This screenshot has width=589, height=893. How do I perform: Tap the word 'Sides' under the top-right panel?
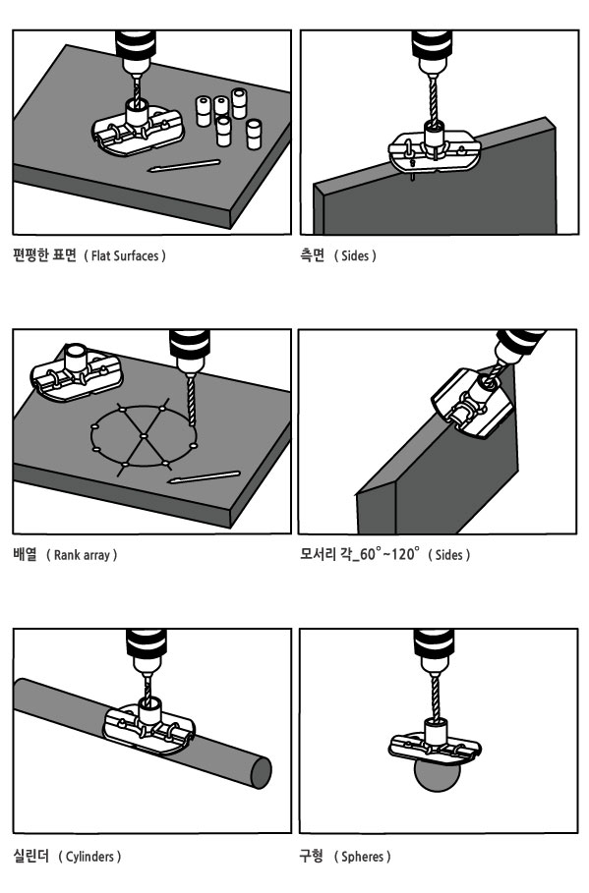(355, 255)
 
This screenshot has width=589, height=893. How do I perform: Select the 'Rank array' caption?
(82, 555)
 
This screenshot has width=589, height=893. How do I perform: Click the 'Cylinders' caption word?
(89, 856)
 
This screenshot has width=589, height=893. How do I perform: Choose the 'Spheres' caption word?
(362, 856)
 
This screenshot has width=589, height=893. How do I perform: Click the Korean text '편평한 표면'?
(44, 255)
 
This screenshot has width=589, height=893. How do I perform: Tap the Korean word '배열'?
(26, 553)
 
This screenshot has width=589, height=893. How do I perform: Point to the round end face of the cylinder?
(261, 774)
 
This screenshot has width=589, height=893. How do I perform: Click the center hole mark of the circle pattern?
(144, 436)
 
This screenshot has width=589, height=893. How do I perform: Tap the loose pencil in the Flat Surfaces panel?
(184, 166)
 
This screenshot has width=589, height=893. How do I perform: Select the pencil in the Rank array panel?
(204, 477)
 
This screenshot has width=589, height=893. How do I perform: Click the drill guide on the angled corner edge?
(472, 402)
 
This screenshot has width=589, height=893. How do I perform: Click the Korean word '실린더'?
(30, 856)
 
